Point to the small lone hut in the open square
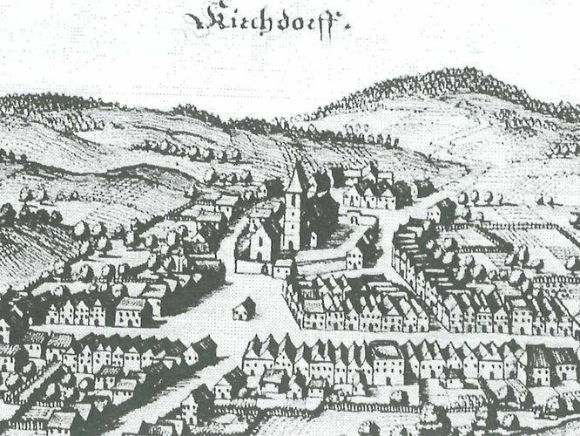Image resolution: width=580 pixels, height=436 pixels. coord(245,307)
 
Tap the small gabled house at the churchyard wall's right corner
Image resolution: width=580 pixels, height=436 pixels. coord(355,256)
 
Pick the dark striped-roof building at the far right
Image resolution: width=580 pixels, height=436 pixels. coord(544,358)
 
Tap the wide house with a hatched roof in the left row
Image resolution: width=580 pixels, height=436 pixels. coord(131,310)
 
